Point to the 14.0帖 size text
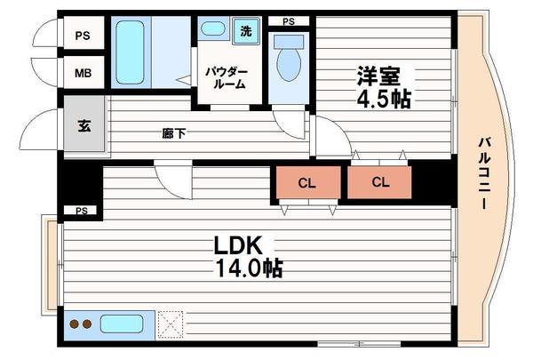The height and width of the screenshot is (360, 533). [x=246, y=266]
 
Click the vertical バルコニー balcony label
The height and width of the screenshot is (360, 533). [x=485, y=174]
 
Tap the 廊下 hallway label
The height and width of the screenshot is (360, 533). [x=173, y=133]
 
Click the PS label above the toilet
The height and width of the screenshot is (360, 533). [x=289, y=21]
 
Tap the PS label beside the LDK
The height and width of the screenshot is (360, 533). [x=82, y=211]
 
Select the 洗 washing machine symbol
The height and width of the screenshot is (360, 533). [x=246, y=32]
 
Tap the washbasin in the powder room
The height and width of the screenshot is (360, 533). [x=213, y=29]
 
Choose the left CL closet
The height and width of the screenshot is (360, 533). [x=306, y=184]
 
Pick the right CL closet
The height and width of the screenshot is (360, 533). [x=380, y=184]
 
